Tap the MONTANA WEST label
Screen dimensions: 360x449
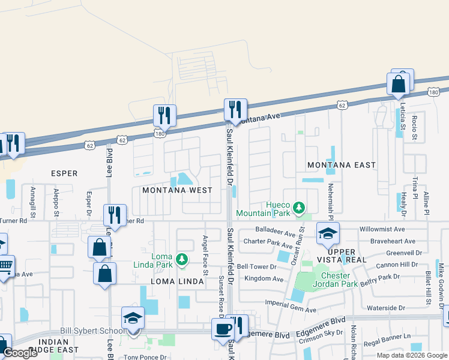(177, 190)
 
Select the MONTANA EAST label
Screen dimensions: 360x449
(341, 165)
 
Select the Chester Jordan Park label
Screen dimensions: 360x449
(327, 280)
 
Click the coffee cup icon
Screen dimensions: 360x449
(223, 329)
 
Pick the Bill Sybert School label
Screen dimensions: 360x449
(90, 331)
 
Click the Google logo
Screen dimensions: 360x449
(20, 353)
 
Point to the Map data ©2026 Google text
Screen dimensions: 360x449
(411, 355)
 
